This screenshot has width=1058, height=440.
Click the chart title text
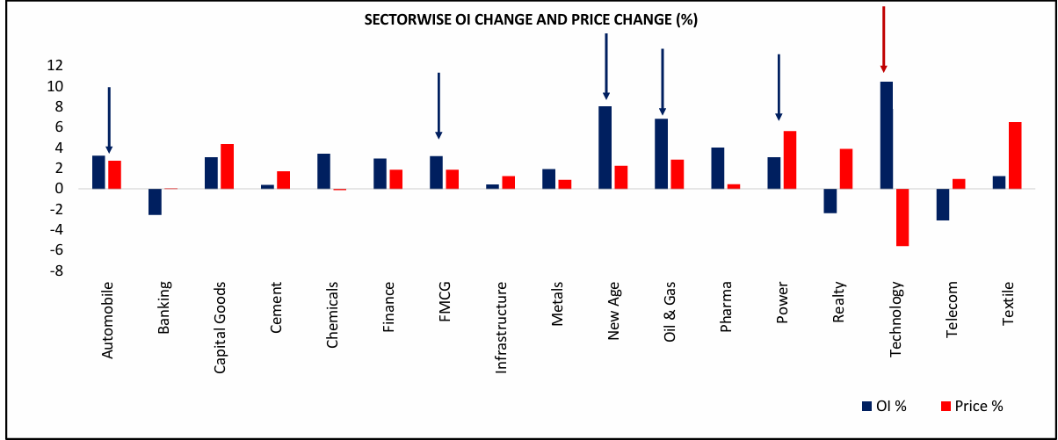point(531,21)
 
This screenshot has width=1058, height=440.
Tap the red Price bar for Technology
point(902,217)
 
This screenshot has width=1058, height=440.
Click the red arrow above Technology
point(883,40)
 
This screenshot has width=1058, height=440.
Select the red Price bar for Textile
point(1015,155)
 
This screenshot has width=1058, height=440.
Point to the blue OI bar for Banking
point(155,201)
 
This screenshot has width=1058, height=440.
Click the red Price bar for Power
point(790,160)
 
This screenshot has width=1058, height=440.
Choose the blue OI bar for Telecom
point(943,204)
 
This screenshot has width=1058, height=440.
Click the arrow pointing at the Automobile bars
point(109,119)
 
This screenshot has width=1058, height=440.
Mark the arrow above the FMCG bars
point(438,105)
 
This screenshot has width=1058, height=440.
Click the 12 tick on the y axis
point(55,65)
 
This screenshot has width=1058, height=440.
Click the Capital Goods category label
point(220,328)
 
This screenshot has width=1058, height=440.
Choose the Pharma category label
point(726,306)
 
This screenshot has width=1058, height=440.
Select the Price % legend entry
point(971,405)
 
